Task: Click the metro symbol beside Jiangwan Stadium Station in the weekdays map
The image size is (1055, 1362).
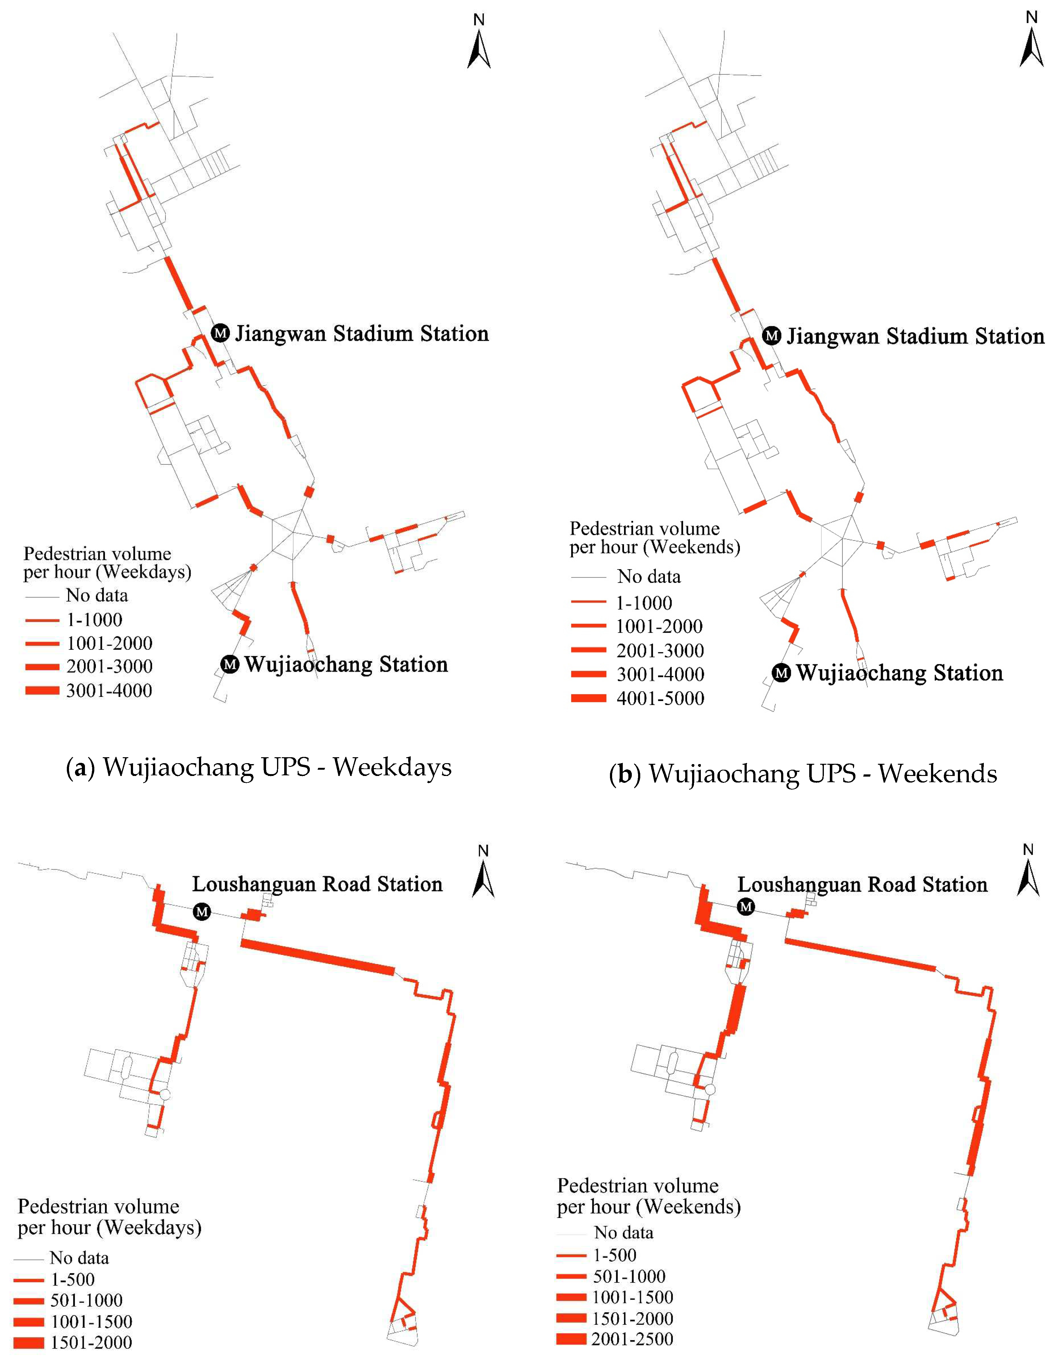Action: pos(220,333)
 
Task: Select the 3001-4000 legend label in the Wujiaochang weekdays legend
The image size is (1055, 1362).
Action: pos(109,690)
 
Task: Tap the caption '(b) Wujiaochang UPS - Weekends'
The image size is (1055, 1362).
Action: pos(803,773)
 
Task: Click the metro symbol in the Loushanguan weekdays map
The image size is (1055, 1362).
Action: pos(201,912)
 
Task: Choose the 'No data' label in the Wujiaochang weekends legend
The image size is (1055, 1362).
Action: pos(649,577)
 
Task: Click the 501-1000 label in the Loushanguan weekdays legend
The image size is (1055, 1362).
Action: pos(87,1300)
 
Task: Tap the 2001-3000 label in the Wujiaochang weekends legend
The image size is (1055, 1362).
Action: pos(660,650)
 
